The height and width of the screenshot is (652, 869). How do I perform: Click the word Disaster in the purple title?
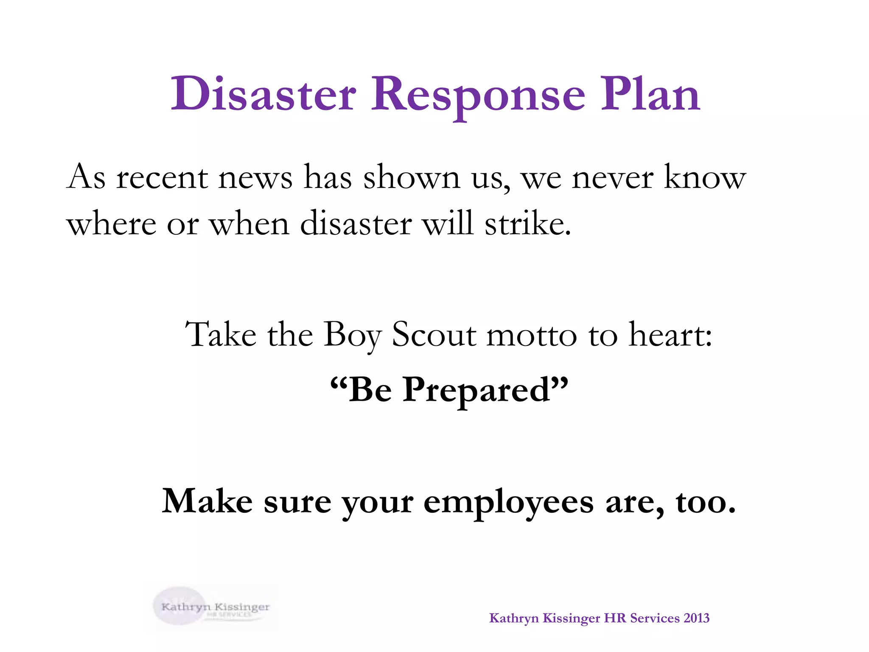point(263,94)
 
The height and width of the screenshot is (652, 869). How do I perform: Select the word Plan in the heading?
point(650,94)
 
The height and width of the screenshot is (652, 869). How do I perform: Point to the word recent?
point(162,177)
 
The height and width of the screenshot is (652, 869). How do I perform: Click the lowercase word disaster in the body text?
point(356,223)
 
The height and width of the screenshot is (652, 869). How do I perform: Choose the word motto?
point(532,335)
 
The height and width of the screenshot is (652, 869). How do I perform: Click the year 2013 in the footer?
point(696,618)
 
